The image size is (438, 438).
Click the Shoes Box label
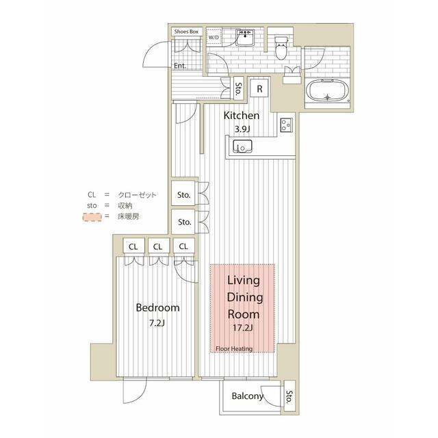click(186, 31)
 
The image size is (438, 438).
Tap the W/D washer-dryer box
click(214, 36)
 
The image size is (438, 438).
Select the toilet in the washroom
click(281, 49)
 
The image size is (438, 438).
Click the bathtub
click(327, 90)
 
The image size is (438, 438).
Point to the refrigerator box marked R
click(259, 88)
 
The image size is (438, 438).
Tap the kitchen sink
click(242, 146)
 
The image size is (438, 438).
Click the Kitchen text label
click(242, 116)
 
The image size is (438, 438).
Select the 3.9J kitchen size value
click(242, 129)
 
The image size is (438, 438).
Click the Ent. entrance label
click(180, 66)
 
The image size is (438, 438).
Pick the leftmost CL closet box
click(134, 246)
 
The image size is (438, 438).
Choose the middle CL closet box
click(158, 246)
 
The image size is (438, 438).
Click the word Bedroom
click(157, 307)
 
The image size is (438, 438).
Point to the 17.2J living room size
click(243, 328)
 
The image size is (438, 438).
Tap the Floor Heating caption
click(234, 348)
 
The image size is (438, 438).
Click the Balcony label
click(248, 396)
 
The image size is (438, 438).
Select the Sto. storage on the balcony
click(289, 396)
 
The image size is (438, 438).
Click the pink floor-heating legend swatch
click(92, 217)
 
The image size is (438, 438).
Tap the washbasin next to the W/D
click(245, 38)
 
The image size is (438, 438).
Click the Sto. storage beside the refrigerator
click(238, 88)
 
